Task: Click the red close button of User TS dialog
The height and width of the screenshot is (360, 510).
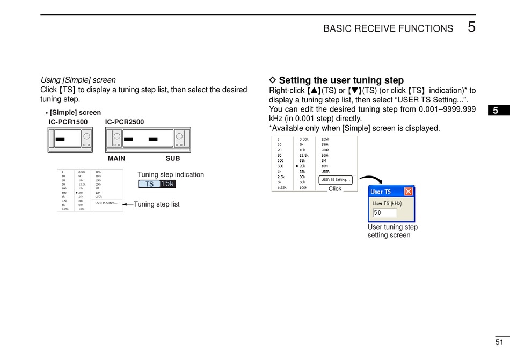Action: [408, 192]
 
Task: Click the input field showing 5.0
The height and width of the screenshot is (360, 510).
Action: [384, 212]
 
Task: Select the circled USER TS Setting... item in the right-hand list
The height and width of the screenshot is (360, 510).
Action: [336, 180]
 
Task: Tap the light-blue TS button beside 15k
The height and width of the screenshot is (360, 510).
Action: [149, 184]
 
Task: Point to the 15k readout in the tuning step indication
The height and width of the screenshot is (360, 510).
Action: [167, 184]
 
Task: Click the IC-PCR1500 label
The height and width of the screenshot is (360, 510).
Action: [68, 122]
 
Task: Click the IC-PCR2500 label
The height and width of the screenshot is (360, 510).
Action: [125, 122]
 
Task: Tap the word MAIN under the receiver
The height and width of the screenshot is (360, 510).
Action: [116, 159]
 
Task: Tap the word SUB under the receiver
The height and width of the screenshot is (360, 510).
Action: [173, 159]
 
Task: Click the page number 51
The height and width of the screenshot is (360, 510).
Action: [499, 342]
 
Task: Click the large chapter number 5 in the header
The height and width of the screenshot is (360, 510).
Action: [471, 27]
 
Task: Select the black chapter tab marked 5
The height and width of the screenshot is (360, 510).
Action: [496, 111]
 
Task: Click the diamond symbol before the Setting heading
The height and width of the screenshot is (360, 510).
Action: [272, 80]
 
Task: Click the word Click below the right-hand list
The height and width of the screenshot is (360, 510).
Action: [335, 189]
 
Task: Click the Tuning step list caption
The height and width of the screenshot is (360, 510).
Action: [156, 204]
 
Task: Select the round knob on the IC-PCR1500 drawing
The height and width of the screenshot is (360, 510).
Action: [86, 137]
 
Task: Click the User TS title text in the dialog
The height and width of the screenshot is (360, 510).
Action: [381, 192]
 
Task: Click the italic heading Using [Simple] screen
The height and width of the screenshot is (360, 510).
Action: [78, 80]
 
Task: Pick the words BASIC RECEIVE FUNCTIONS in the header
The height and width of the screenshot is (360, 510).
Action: [388, 29]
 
